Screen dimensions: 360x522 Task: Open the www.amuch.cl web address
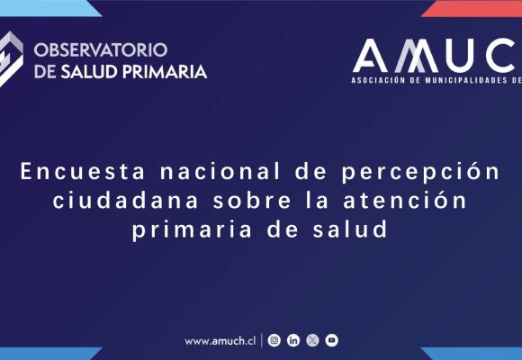220,341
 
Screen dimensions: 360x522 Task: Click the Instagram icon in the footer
274,340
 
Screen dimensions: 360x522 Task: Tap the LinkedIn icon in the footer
293,340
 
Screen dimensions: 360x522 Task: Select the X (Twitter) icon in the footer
312,340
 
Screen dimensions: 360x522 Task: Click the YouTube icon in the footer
332,340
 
